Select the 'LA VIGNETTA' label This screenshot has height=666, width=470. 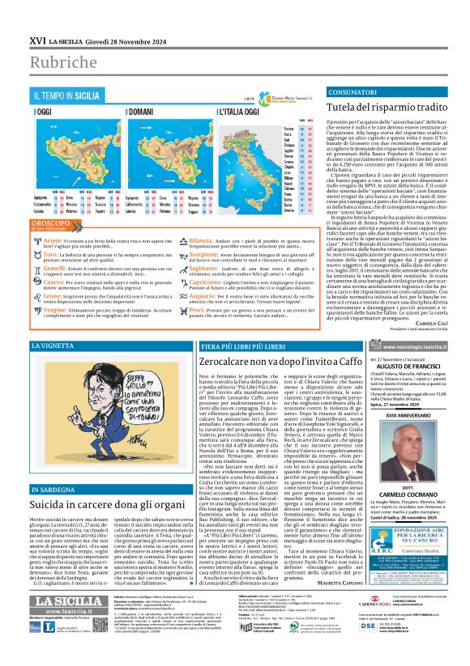click(53, 346)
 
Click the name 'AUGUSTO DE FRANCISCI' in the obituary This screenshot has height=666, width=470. click(394, 367)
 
